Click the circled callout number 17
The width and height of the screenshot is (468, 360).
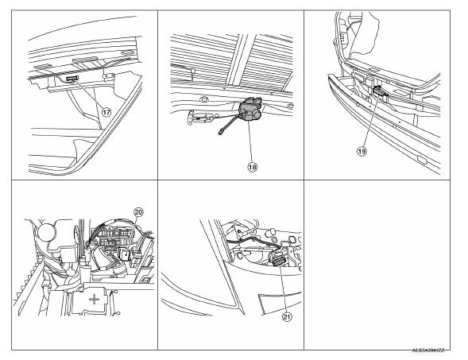click(x=106, y=113)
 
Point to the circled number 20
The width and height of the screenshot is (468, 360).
click(x=138, y=213)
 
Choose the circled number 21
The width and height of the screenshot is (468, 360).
click(x=287, y=315)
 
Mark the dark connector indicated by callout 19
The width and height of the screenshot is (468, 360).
click(x=380, y=91)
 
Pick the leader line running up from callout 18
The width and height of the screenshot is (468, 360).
click(x=251, y=139)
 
